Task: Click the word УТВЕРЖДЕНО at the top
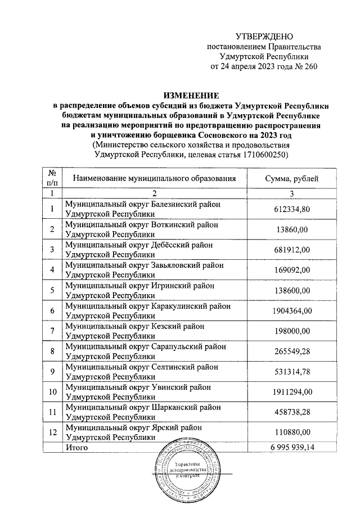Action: coord(264,36)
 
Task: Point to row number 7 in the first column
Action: coord(52,331)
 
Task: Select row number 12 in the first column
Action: coord(52,433)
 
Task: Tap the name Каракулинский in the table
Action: coord(179,306)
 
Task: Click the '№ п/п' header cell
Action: coord(52,178)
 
